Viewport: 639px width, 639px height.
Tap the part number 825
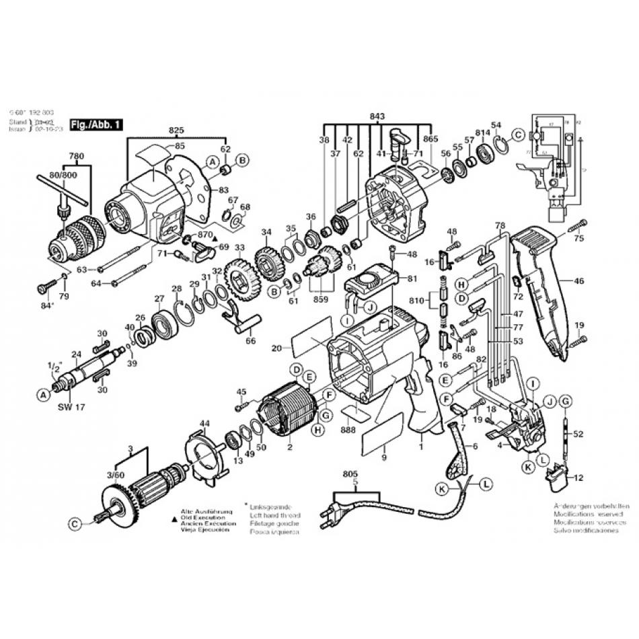point(176,128)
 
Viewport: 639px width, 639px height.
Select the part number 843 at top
point(377,116)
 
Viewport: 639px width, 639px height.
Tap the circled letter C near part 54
point(518,135)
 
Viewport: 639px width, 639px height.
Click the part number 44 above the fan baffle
point(204,423)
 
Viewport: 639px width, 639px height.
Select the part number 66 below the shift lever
point(251,341)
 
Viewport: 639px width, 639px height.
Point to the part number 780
point(77,156)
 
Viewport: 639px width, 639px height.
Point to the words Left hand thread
point(274,515)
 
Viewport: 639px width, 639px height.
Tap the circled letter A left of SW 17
point(44,396)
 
